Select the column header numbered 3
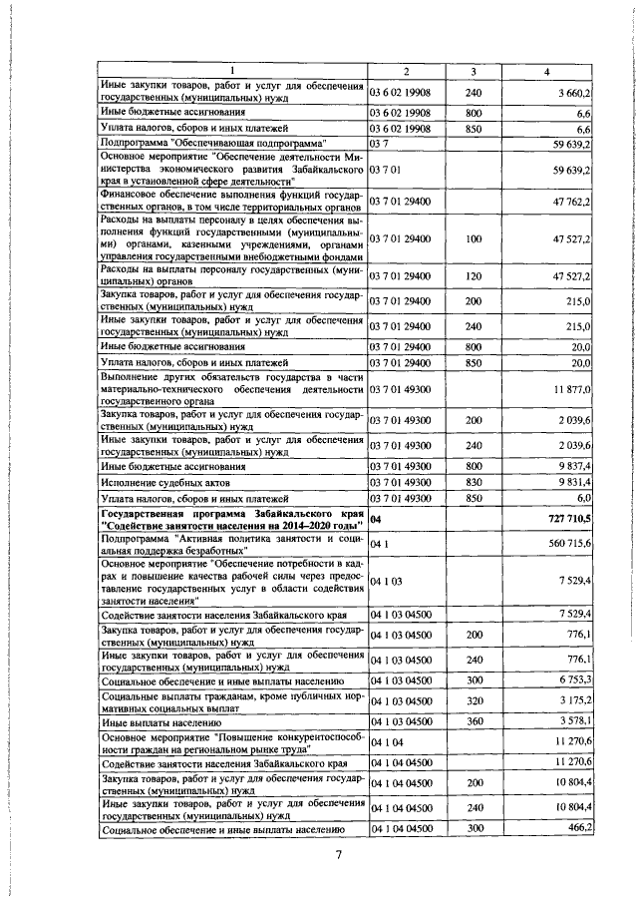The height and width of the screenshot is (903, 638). pos(473,72)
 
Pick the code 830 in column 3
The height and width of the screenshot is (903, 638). pos(473,482)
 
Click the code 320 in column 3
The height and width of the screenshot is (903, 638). pos(473,701)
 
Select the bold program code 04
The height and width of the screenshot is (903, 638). pos(376,520)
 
